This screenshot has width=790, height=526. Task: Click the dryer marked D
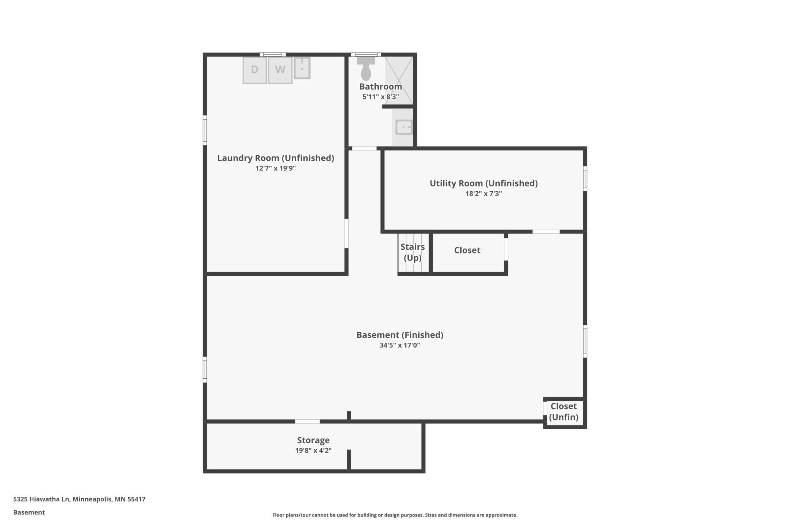(x=254, y=70)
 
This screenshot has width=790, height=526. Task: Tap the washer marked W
(x=280, y=70)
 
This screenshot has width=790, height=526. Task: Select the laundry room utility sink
(x=302, y=68)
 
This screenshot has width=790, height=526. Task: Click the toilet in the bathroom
(x=366, y=68)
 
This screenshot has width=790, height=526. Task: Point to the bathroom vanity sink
(x=404, y=127)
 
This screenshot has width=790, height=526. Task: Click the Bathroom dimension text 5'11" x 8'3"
(x=381, y=97)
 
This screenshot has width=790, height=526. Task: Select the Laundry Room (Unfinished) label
(x=276, y=158)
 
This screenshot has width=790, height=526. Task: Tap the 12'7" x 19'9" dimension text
(x=276, y=168)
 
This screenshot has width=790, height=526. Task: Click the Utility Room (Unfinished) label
(x=483, y=184)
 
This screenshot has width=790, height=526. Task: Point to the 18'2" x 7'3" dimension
(x=483, y=194)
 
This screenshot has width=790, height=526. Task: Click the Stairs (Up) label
(x=412, y=252)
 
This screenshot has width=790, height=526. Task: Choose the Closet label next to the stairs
(x=467, y=250)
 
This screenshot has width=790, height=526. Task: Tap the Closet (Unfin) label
(x=564, y=412)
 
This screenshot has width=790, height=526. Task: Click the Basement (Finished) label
(x=400, y=335)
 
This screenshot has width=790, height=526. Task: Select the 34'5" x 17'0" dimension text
(x=400, y=345)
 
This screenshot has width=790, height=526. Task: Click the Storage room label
(x=313, y=441)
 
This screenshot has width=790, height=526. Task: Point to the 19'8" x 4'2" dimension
(x=313, y=450)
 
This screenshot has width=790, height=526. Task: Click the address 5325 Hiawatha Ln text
(x=41, y=499)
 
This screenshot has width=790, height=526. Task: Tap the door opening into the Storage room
(x=307, y=421)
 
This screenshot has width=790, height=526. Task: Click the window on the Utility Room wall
(x=585, y=178)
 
